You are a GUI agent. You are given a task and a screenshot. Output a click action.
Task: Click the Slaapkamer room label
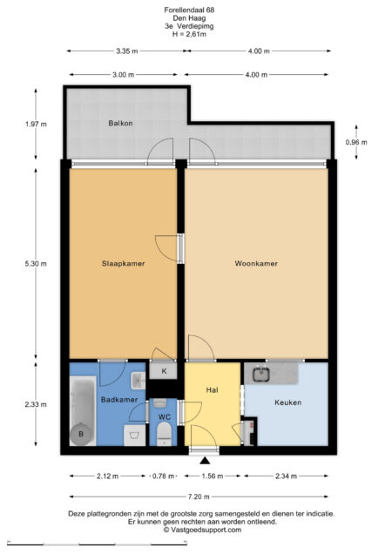(123, 264)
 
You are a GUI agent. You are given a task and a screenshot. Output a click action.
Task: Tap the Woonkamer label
(256, 264)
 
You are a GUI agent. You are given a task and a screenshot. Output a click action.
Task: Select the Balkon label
(120, 124)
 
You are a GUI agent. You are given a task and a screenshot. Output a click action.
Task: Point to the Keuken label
(287, 402)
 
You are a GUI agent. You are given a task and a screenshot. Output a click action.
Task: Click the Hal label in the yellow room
(212, 390)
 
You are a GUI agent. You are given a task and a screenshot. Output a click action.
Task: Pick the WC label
(164, 417)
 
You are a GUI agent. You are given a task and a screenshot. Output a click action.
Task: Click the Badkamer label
(119, 400)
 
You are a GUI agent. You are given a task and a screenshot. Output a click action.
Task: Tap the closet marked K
(163, 371)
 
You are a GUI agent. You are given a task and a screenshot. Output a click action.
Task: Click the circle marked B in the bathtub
(81, 434)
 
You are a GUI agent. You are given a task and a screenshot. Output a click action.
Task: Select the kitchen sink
(261, 375)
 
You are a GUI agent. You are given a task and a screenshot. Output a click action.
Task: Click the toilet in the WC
(164, 434)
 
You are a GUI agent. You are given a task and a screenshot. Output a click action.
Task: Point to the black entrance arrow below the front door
(205, 461)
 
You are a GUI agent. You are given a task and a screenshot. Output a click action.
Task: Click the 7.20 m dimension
(199, 497)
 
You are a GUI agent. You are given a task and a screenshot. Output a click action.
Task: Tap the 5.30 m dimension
(36, 264)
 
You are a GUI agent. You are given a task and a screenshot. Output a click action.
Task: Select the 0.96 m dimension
(356, 142)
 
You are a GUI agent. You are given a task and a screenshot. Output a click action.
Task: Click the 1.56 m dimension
(213, 476)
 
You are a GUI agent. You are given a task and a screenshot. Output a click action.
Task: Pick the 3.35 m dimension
(127, 51)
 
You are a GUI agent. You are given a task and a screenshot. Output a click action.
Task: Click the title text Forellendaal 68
(189, 10)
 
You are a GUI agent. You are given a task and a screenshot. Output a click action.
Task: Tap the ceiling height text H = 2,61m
(189, 34)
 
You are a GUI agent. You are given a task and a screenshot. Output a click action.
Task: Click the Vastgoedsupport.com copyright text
(202, 530)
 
